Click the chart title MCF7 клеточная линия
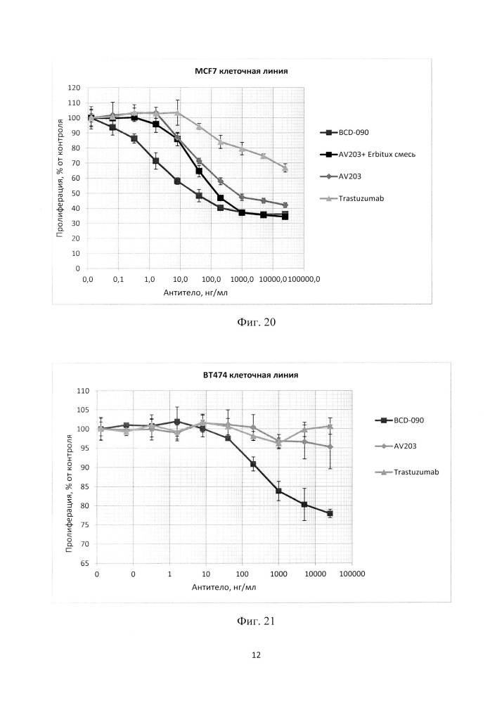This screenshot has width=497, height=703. (241, 71)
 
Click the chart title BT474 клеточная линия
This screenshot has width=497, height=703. (250, 375)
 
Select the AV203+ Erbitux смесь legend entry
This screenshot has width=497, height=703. (368, 154)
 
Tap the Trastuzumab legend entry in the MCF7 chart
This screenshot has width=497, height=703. (352, 198)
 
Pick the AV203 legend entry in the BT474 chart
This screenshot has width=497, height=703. (396, 446)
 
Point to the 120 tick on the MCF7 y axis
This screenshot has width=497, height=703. (74, 88)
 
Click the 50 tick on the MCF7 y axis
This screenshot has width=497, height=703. (76, 193)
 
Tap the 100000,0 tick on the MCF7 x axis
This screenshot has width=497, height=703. (304, 279)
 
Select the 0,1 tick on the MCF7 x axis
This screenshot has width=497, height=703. (118, 279)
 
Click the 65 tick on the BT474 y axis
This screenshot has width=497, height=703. (84, 563)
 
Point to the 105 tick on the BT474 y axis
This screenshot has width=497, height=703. (83, 410)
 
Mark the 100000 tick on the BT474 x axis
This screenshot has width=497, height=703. (352, 574)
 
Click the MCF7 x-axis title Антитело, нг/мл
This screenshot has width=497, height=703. (195, 292)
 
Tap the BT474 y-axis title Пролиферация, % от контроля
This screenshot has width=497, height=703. (69, 494)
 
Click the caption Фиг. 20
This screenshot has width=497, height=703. (256, 322)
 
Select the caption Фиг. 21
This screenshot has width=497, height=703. (255, 621)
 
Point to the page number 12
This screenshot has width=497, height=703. (256, 655)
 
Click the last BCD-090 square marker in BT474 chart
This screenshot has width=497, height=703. (330, 513)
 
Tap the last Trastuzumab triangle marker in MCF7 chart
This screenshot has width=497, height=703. (285, 168)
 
